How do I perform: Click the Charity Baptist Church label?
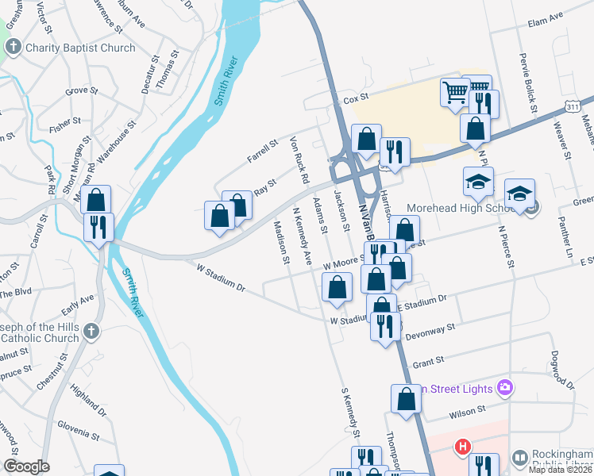click(80, 48)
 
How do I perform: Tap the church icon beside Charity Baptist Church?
click(13, 48)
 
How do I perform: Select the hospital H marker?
click(462, 447)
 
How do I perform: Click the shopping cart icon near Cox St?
click(454, 92)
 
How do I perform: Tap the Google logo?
click(26, 466)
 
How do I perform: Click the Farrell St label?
click(262, 151)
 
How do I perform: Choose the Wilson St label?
click(466, 411)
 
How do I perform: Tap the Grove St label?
click(81, 91)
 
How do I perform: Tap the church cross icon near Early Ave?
click(91, 331)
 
